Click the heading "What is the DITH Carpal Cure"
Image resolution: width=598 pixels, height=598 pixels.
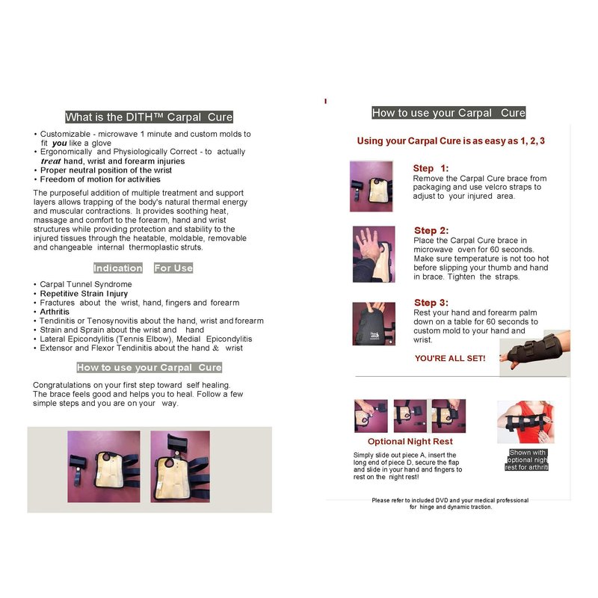click(149, 117)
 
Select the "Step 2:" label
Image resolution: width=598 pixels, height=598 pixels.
click(431, 230)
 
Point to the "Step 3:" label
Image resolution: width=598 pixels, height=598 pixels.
click(431, 303)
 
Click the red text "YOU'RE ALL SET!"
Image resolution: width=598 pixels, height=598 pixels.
click(450, 359)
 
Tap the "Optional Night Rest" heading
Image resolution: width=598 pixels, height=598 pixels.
click(410, 441)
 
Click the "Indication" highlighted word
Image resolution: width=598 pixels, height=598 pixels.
click(118, 268)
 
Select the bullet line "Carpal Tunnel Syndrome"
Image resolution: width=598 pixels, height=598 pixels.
click(86, 284)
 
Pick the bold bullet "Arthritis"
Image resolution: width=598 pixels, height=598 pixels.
click(55, 312)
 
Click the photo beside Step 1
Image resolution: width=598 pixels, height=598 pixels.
click(371, 186)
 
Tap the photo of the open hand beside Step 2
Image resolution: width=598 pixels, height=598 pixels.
click(374, 254)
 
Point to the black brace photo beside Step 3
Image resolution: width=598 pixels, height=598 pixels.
click(374, 324)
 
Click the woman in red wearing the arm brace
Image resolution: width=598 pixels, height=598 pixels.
click(525, 422)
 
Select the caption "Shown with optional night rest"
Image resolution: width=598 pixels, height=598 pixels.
click(527, 460)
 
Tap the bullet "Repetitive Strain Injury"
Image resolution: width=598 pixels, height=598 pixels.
click(84, 294)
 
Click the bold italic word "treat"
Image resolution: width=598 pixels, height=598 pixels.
click(51, 161)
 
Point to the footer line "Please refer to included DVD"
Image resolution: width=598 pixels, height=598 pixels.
click(450, 500)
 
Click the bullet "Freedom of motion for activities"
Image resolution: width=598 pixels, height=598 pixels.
click(100, 179)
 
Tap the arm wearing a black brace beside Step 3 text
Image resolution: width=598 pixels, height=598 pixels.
click(535, 353)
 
